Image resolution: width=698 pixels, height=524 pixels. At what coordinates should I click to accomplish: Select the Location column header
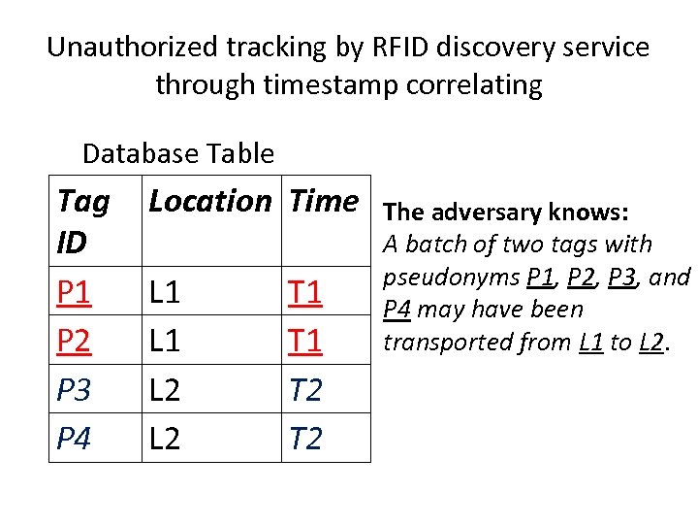coord(209,202)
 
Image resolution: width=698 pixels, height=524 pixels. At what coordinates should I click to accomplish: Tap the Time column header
coord(324,202)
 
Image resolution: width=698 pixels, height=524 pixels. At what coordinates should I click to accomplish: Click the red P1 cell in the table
coord(75,292)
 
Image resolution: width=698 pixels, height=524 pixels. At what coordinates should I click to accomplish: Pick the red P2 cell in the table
coord(75,341)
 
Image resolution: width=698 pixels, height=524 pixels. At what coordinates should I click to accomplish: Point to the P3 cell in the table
coord(75,389)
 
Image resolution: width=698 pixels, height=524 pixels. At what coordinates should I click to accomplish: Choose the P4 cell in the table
coord(75,438)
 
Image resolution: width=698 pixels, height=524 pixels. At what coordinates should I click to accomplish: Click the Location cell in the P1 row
coord(165,292)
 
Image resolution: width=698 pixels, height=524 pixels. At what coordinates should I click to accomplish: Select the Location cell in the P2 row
coord(165,341)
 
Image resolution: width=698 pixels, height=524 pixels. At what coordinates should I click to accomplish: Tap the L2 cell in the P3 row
coord(165,389)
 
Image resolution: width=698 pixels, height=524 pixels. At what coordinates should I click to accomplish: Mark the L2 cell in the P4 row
coord(165,438)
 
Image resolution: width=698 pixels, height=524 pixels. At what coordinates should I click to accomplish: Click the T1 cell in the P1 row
coord(306,292)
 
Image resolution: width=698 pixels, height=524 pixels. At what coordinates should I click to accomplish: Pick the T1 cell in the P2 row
coord(306,341)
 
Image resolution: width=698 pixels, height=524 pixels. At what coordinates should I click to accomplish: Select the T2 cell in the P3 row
coord(306,389)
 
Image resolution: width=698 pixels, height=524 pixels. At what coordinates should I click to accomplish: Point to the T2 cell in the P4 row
coord(306,438)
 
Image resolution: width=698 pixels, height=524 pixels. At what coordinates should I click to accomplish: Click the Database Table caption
coord(178,153)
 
